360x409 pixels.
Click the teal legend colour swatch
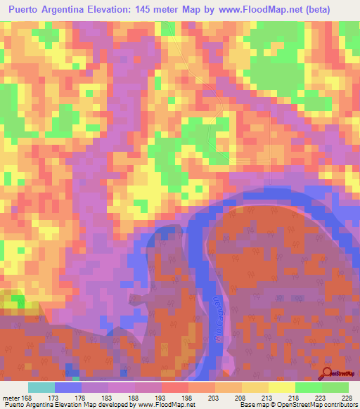[41, 387]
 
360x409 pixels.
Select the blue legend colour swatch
[68, 387]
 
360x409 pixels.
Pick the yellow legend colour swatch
[281, 387]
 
